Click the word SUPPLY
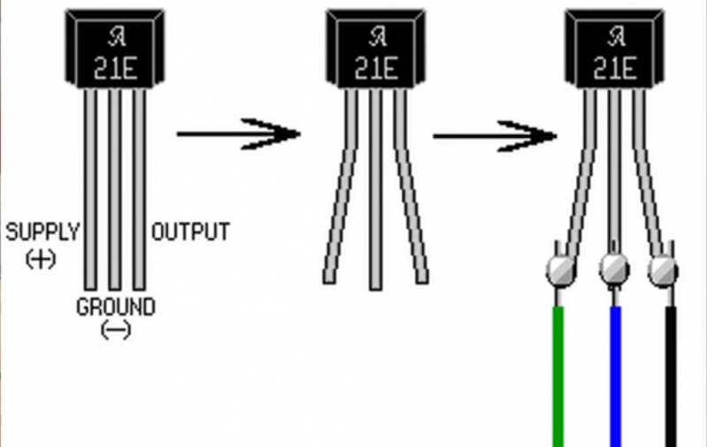pos(42,232)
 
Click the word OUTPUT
pos(190,232)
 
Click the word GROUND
pos(115,307)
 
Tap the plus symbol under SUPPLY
pos(40,259)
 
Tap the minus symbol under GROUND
pos(115,330)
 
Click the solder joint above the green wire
pos(559,269)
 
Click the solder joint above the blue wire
pos(614,267)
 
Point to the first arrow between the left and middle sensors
pos(239,134)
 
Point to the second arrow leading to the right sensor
pos(495,136)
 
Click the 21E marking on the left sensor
pos(115,69)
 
